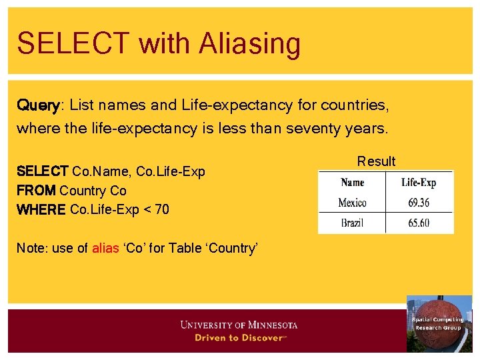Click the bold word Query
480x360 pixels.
coord(38,105)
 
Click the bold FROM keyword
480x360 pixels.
coord(36,191)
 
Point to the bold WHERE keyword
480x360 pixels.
coord(41,210)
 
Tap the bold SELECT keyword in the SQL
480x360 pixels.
coord(42,171)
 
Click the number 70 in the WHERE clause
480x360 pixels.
coord(161,210)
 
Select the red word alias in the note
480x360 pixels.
coord(105,248)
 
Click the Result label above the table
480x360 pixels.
coord(376,161)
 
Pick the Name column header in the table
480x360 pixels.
coord(352,183)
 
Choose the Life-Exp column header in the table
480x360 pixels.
coord(419,183)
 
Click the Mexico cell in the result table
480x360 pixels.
coord(352,203)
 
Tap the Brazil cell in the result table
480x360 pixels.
coord(352,223)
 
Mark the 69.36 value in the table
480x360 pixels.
coord(419,203)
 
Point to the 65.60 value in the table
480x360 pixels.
coord(419,223)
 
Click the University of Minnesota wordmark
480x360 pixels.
coord(238,325)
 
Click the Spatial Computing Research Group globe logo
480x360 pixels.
coord(438,323)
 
